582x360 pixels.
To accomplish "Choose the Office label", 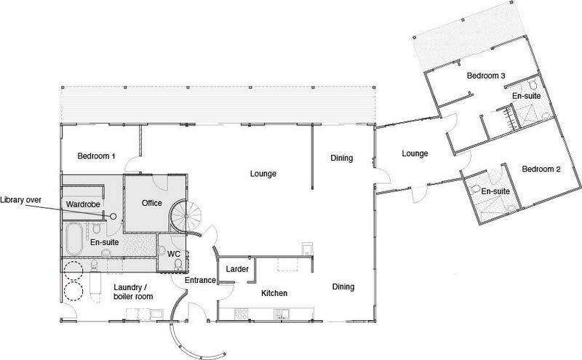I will point(152,203).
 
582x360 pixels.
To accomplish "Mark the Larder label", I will point(237,270).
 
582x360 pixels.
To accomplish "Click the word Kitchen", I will point(274,293).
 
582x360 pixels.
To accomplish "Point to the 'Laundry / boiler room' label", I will point(133,291).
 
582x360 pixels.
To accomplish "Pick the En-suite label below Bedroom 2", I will point(495,192).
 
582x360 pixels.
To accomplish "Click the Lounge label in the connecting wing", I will point(415,153).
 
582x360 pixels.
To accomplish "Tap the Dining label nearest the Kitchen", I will point(343,287).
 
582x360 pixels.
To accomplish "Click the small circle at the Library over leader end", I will point(113,216).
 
